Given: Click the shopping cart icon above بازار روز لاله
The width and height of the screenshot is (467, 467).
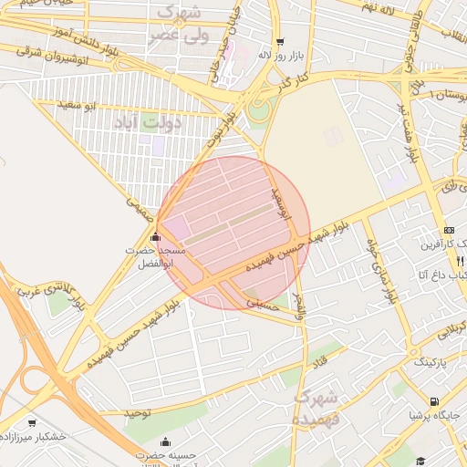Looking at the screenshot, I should pyautogui.click(x=279, y=41).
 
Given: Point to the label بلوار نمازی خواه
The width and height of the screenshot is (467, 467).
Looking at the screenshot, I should pyautogui.click(x=380, y=271).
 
